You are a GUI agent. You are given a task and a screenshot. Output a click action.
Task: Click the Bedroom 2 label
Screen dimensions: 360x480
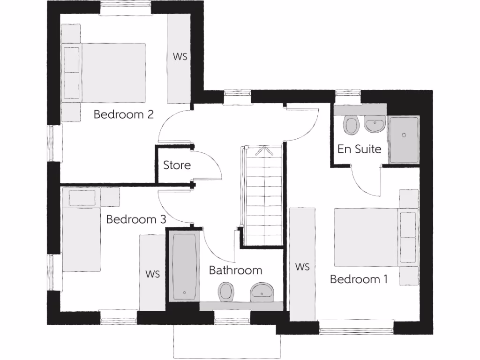coord(124,114)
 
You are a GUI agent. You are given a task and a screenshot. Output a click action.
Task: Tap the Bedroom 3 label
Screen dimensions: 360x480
coord(136,219)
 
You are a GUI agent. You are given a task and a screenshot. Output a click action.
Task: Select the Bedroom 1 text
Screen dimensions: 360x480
coord(359,279)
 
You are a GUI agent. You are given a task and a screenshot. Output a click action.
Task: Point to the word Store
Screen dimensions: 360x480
coord(177,165)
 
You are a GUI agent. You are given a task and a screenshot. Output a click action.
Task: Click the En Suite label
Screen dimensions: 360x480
coord(360,150)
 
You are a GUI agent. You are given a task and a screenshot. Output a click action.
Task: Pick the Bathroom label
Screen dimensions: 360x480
coord(235,270)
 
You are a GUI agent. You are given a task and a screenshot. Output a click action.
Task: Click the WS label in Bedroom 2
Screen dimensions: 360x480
coord(180,57)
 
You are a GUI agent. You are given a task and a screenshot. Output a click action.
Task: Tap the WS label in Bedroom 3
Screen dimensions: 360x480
coord(153,274)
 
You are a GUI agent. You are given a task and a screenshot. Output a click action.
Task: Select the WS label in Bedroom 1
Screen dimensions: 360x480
coord(303,267)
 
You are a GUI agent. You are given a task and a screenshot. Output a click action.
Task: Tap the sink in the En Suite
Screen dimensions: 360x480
coord(375,125)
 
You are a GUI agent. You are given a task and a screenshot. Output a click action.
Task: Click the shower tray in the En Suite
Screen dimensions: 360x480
coord(404,139)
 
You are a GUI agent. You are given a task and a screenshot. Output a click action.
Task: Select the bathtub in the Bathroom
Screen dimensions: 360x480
coord(184,266)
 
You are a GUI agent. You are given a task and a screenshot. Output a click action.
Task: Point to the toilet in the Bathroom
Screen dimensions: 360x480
coord(226,292)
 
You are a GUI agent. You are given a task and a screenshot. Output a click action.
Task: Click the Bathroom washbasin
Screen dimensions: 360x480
coord(262,292)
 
